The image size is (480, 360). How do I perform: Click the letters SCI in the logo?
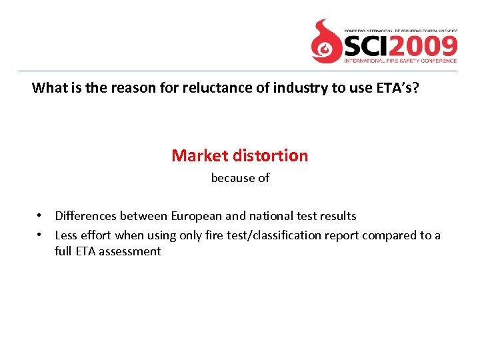tap(367, 46)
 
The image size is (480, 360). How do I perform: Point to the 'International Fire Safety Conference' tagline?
tap(400, 61)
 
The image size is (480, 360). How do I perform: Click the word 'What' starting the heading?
tap(47, 87)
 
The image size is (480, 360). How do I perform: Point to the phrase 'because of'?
tap(240, 178)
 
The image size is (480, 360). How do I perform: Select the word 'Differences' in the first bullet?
tap(86, 216)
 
